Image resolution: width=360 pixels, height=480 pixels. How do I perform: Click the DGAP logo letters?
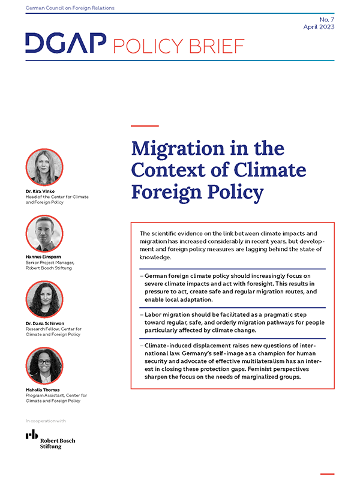point(65,43)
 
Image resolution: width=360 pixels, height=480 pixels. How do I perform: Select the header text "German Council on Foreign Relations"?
point(70,8)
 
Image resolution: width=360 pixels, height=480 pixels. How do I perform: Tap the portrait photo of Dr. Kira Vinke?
point(44,167)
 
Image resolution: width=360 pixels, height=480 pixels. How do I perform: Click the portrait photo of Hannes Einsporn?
point(44,233)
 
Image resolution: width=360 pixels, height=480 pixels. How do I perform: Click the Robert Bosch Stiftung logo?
point(50,440)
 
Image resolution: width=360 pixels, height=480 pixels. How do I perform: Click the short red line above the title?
point(145,126)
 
